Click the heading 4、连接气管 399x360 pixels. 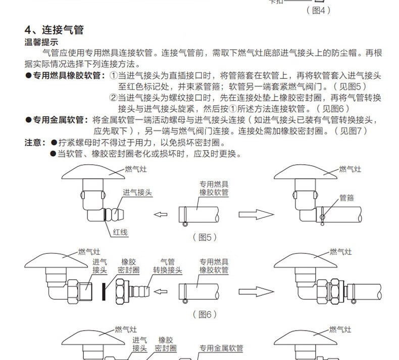coord(54,30)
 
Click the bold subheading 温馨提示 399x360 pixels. coord(41,42)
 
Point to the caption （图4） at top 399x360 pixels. coord(318,10)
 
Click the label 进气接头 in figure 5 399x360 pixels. coord(137,193)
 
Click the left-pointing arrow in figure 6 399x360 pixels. coord(160,291)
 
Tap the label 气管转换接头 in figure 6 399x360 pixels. coord(167,266)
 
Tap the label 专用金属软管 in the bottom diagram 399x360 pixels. coord(221,348)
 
